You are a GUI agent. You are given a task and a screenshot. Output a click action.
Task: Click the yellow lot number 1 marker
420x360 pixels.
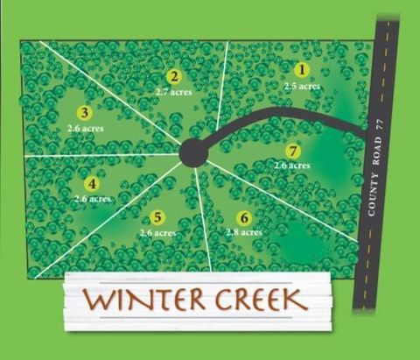[302, 69]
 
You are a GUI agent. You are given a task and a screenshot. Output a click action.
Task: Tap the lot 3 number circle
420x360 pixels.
[84, 112]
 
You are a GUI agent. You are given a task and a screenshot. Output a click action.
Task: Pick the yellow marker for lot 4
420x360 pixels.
[91, 184]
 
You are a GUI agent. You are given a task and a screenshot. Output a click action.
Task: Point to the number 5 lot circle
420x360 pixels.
[157, 217]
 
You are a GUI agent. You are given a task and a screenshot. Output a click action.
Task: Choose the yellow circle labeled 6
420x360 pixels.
[243, 217]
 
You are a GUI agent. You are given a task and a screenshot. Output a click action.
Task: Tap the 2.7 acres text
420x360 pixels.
[174, 90]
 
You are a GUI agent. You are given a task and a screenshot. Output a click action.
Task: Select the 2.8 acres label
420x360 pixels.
[243, 232]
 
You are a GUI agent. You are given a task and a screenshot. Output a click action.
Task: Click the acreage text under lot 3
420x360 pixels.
[85, 127]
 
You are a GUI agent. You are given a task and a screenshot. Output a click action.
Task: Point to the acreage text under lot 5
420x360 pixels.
[157, 232]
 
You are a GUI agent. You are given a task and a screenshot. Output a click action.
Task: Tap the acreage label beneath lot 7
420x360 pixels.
[291, 165]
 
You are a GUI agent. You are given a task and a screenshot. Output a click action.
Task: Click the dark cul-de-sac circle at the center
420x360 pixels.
[192, 153]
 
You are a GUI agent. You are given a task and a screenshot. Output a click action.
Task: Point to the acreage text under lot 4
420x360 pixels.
[92, 199]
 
